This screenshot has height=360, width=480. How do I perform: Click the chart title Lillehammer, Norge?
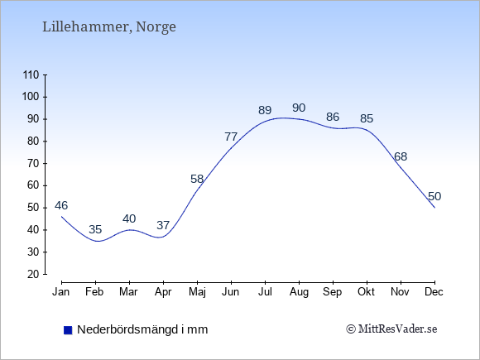click(x=109, y=27)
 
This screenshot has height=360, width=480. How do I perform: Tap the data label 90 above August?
click(x=299, y=108)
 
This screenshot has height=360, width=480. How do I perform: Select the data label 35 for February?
click(x=95, y=229)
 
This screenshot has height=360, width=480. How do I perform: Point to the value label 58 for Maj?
click(x=197, y=179)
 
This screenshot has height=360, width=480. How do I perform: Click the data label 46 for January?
click(x=61, y=205)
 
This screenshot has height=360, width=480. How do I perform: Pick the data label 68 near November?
click(x=401, y=156)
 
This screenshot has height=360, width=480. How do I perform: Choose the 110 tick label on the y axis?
click(x=31, y=75)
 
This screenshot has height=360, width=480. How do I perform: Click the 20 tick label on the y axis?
click(x=33, y=274)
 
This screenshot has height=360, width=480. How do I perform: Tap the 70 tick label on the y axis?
click(x=33, y=164)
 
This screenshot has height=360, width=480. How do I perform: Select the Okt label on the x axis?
click(x=366, y=292)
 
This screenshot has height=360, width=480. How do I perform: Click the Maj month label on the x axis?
click(x=197, y=292)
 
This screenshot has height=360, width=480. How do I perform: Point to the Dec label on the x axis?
click(x=434, y=292)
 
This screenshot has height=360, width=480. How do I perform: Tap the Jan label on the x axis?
click(x=61, y=292)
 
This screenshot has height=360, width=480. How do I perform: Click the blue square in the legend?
click(x=68, y=330)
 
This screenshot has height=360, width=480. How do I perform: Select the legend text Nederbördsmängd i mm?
click(x=142, y=329)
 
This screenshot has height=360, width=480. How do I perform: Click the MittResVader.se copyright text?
click(x=391, y=329)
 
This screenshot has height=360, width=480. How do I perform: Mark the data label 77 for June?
click(x=231, y=137)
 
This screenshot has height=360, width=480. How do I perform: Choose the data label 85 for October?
click(x=367, y=118)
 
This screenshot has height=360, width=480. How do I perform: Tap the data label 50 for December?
click(x=434, y=196)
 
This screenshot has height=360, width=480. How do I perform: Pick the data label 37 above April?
click(x=163, y=225)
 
